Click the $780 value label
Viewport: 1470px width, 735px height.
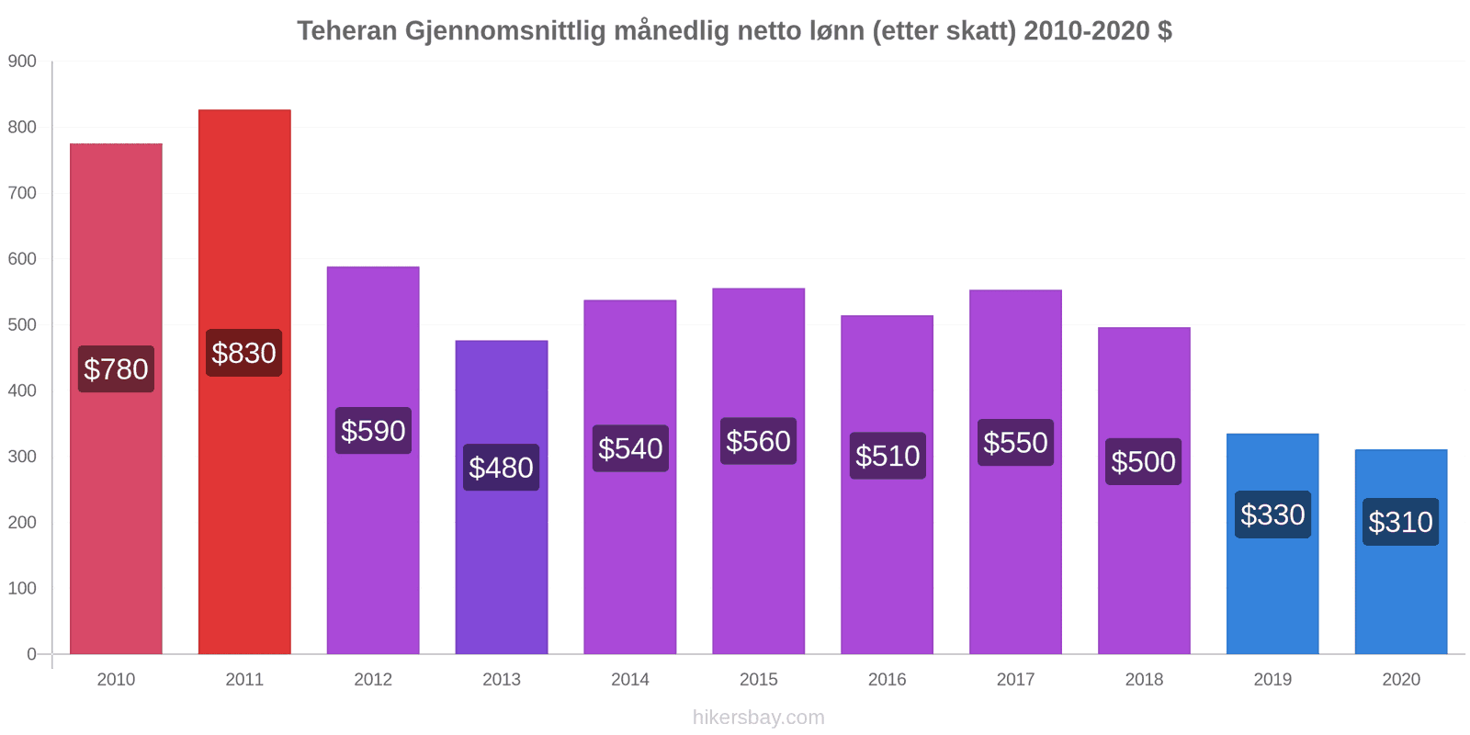116,369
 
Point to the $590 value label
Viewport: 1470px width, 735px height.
373,431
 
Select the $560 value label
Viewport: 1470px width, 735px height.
758,441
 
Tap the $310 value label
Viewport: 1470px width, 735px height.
1400,522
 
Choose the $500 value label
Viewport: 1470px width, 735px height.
1143,461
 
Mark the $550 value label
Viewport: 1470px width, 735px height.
1015,443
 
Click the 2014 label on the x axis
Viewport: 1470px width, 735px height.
630,680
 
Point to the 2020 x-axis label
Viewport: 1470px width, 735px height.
1400,680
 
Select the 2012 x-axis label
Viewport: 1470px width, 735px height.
373,680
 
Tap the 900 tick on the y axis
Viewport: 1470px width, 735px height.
22,62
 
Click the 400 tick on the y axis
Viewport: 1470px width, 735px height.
22,390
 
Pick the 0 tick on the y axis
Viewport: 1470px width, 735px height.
31,654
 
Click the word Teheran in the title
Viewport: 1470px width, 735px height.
346,31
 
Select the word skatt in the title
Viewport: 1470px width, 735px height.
981,31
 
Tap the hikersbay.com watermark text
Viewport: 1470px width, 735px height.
758,718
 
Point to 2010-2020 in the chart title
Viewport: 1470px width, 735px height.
1086,31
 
